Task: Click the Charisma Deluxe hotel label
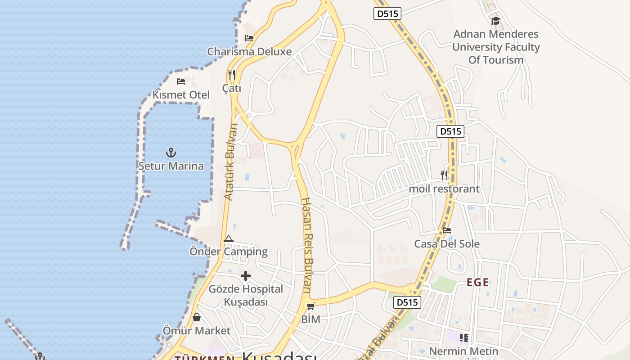(249, 52)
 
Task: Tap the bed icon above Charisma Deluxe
(249, 38)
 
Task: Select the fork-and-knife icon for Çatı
(232, 75)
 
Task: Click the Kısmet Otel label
(181, 95)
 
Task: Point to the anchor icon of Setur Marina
(171, 153)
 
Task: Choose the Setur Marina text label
(171, 166)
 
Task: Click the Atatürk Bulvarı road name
(230, 162)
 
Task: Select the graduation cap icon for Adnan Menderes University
(495, 21)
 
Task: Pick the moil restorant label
(444, 189)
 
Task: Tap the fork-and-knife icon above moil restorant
(444, 175)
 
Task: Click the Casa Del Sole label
(447, 244)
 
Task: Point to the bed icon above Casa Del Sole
(447, 230)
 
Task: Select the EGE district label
(477, 283)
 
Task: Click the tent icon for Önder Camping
(228, 239)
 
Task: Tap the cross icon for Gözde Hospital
(246, 276)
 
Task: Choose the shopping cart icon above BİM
(310, 306)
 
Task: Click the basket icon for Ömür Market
(197, 317)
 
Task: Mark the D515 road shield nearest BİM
(407, 302)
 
